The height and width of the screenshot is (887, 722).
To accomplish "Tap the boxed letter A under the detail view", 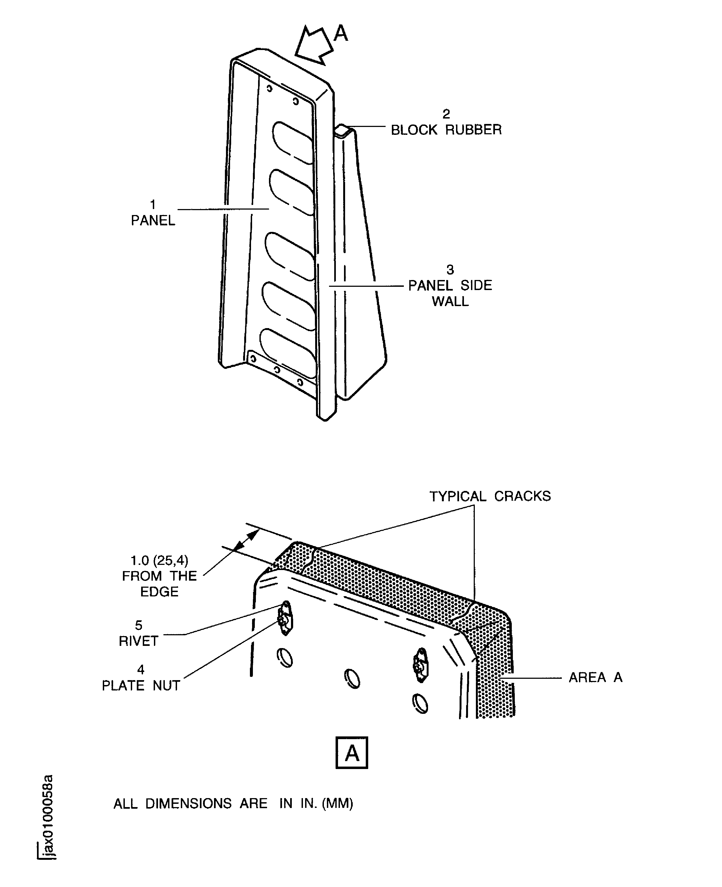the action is coord(352,753).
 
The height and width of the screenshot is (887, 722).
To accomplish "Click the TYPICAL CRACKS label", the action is coord(490,496).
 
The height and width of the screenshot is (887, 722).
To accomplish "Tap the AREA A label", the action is coord(596,677).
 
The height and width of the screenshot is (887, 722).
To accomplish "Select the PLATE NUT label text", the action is coord(141,685).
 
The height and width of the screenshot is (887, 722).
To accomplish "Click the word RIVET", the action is coord(138,641).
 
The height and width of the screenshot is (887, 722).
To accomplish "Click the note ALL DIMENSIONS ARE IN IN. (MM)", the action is coord(233,804).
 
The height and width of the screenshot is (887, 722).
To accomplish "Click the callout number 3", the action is coord(450,270).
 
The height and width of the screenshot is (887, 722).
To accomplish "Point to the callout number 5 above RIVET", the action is coord(138,625).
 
